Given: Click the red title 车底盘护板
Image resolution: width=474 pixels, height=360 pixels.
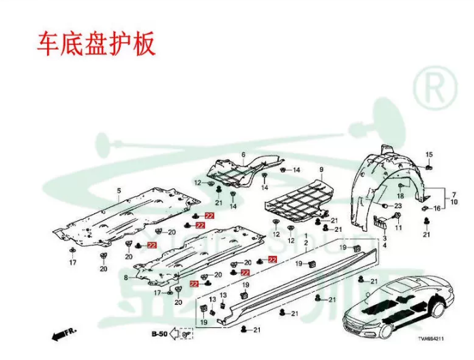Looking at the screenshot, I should pyautogui.click(x=95, y=42).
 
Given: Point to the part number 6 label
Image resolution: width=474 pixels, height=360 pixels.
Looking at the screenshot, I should pyautogui.click(x=243, y=155).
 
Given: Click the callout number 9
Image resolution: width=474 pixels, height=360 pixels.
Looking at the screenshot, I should pyautogui.click(x=321, y=169).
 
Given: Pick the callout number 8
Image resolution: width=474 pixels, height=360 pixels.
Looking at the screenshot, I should pyautogui.click(x=125, y=277).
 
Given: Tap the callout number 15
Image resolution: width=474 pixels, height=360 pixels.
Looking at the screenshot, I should pyautogui.click(x=429, y=155).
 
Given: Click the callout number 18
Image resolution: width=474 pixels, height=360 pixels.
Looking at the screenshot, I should pyautogui.click(x=401, y=196).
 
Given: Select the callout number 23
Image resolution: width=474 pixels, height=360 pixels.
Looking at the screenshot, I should pyautogui.click(x=399, y=206).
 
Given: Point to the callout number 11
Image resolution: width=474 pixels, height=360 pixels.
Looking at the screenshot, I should pyautogui.click(x=398, y=227).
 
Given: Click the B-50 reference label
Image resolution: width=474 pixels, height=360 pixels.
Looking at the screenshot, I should pyautogui.click(x=159, y=334).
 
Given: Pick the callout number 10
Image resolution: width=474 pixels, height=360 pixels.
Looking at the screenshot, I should pyautogui.click(x=454, y=201).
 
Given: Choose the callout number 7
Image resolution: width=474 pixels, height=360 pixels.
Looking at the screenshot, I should pyautogui.click(x=454, y=194).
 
